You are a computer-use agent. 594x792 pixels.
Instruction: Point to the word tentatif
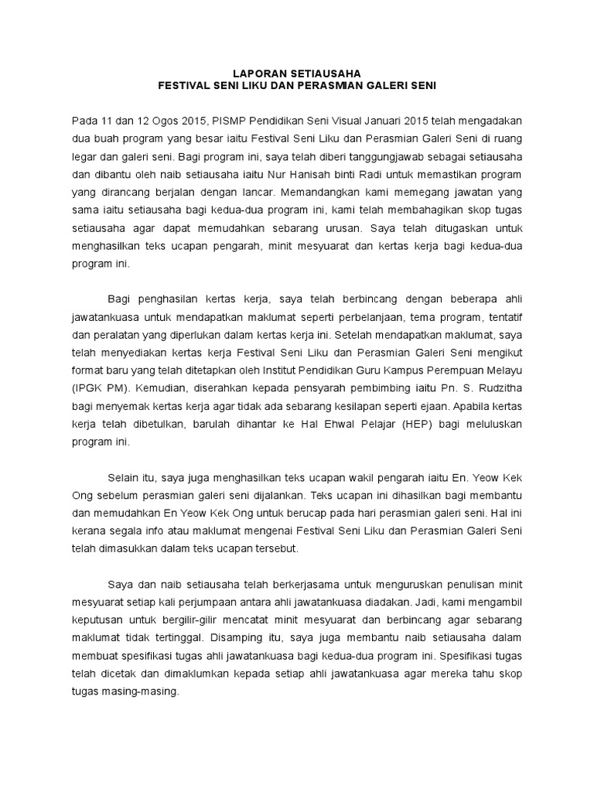[506, 318]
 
